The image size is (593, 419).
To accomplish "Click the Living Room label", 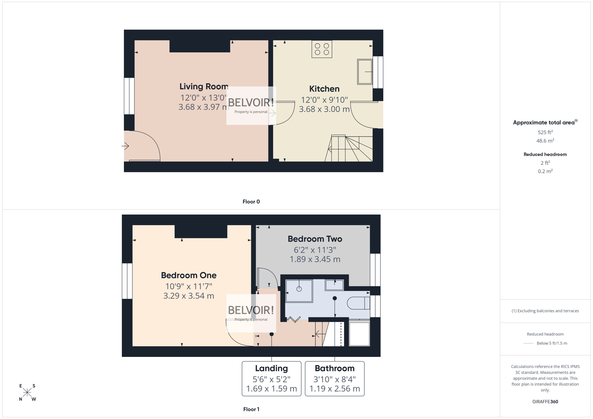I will pyautogui.click(x=204, y=86).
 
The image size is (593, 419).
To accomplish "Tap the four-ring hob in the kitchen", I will pyautogui.click(x=322, y=49).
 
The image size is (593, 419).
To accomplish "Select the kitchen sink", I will pyautogui.click(x=365, y=72).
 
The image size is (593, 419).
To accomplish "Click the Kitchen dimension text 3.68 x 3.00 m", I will pyautogui.click(x=324, y=109).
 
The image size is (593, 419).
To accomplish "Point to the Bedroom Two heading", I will pyautogui.click(x=315, y=239).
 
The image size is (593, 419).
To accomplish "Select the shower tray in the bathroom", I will pyautogui.click(x=299, y=291).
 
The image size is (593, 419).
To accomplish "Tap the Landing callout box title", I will pyautogui.click(x=271, y=368).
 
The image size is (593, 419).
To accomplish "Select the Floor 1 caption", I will pyautogui.click(x=251, y=409).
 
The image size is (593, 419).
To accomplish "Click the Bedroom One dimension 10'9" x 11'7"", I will pyautogui.click(x=189, y=286).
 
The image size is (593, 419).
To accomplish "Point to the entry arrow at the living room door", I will pyautogui.click(x=125, y=146).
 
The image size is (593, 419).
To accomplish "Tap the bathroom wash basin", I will pyautogui.click(x=334, y=285).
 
